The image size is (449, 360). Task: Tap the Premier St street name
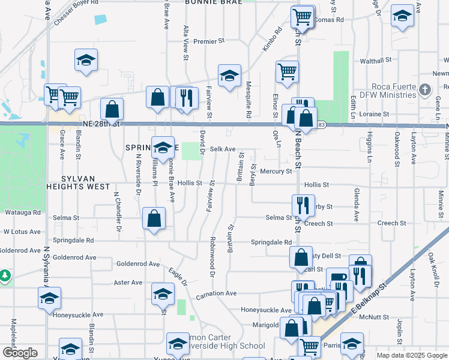(x=209, y=41)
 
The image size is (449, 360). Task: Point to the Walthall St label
(x=375, y=61)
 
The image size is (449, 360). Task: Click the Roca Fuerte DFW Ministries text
(x=385, y=91)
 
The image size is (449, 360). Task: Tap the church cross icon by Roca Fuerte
(x=425, y=91)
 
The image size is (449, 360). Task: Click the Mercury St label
(x=276, y=171)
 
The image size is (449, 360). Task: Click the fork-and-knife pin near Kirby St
(x=303, y=205)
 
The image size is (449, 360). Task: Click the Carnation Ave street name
(x=216, y=294)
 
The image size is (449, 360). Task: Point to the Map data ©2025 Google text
(x=411, y=355)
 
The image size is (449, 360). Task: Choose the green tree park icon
(x=5, y=275)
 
